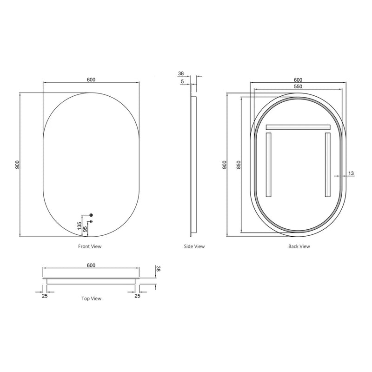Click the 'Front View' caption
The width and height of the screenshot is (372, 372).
[x=90, y=246]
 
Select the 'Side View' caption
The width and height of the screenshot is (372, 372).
[x=194, y=246]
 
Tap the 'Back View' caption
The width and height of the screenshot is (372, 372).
[x=299, y=246]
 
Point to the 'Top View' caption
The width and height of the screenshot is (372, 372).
[x=91, y=299]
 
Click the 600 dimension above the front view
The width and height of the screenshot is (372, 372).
[x=91, y=80]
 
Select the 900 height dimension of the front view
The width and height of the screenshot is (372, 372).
[x=17, y=165]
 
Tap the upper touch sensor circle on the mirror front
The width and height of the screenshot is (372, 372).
[x=91, y=215]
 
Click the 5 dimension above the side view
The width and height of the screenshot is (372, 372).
[x=183, y=82]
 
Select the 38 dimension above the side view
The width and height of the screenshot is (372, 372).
[x=181, y=73]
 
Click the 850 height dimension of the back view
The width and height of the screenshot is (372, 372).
[x=238, y=165]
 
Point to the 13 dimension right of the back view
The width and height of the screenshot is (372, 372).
[x=351, y=173]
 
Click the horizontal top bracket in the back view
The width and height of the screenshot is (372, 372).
[x=298, y=127]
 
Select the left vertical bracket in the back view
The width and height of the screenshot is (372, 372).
[x=268, y=165]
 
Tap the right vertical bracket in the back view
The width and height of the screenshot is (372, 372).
[x=327, y=165]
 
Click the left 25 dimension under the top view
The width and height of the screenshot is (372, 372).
[x=45, y=295]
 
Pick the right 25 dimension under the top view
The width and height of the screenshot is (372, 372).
[x=137, y=295]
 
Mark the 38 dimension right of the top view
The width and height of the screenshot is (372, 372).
[x=158, y=269]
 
